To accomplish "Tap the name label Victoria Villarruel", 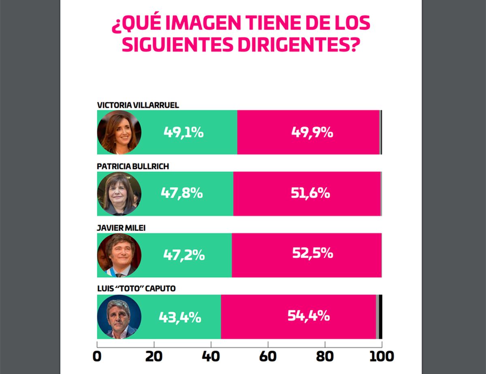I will click(138, 105).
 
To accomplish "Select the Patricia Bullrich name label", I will click(133, 167).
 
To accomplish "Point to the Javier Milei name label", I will click(121, 228).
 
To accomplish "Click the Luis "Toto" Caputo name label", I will click(136, 289).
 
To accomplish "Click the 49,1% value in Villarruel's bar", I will click(183, 132).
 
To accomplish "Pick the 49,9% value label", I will click(312, 132).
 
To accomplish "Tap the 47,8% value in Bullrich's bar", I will click(181, 193).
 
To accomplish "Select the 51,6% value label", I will click(310, 193).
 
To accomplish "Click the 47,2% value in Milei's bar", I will click(184, 255).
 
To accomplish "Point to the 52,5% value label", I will click(312, 254).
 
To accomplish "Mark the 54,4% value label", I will click(309, 316).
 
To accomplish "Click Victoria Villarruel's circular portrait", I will click(119, 132).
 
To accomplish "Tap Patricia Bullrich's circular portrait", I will click(119, 194).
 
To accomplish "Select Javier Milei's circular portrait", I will click(119, 255).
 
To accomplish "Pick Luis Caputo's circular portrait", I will click(119, 316).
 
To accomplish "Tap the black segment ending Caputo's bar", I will click(380, 316).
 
